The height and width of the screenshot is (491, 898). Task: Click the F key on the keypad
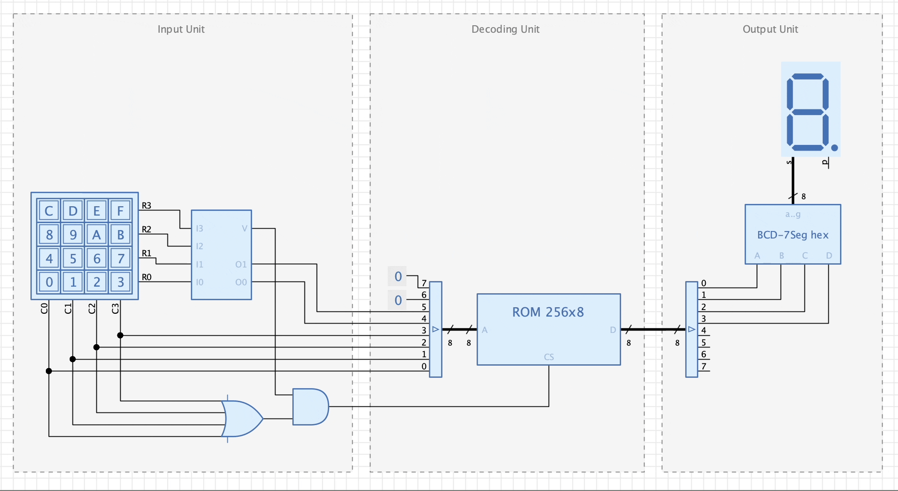pyautogui.click(x=120, y=211)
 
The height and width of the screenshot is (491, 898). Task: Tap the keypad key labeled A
pyautogui.click(x=96, y=234)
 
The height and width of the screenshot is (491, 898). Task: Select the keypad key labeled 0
pyautogui.click(x=49, y=282)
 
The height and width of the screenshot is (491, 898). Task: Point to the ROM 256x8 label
pyautogui.click(x=548, y=312)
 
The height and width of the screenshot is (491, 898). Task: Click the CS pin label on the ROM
pyautogui.click(x=549, y=357)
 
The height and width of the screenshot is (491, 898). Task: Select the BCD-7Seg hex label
pyautogui.click(x=793, y=235)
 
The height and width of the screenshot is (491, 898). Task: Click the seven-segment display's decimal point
pyautogui.click(x=835, y=148)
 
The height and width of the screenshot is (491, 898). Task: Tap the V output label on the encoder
pyautogui.click(x=244, y=229)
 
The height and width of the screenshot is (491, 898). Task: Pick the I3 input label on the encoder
pyautogui.click(x=200, y=229)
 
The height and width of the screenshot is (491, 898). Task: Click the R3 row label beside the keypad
pyautogui.click(x=146, y=205)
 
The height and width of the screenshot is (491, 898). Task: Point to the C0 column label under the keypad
pyautogui.click(x=44, y=308)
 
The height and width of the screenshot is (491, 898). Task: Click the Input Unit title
pyautogui.click(x=181, y=29)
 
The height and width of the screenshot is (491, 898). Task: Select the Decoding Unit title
pyautogui.click(x=505, y=29)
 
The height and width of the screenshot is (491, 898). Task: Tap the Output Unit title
pyautogui.click(x=770, y=29)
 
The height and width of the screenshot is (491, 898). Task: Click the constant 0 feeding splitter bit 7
pyautogui.click(x=398, y=276)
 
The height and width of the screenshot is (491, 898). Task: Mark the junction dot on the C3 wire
pyautogui.click(x=120, y=335)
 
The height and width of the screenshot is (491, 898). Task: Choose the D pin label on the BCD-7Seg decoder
pyautogui.click(x=829, y=256)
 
